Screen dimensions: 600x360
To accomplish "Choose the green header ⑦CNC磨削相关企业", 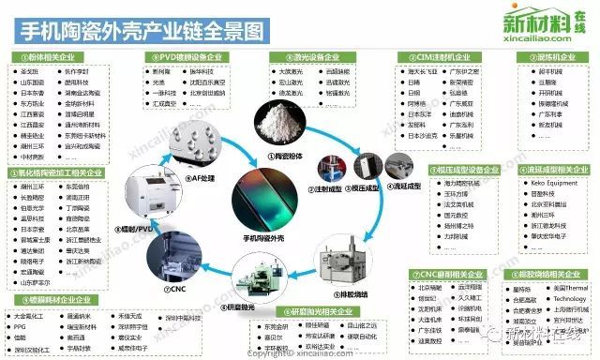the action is [x=444, y=275].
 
